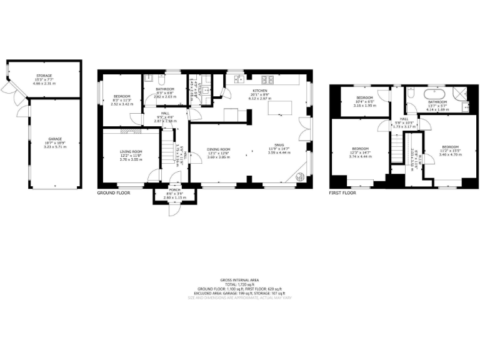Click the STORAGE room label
(44, 76)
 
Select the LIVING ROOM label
(131, 151)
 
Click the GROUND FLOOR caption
(113, 194)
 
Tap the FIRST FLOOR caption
(342, 194)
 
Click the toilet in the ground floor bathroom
(161, 80)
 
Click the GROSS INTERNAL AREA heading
(240, 279)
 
